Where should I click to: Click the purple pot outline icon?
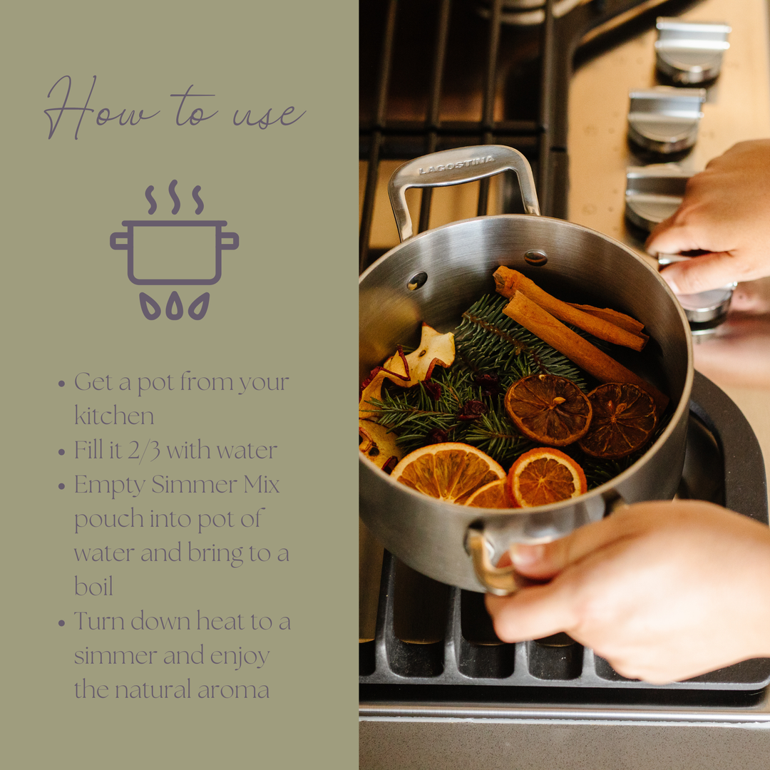coord(174,253)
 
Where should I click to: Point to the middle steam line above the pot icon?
coord(174,197)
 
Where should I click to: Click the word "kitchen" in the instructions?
coord(114,416)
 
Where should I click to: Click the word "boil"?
coord(93,587)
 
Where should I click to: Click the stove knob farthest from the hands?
coord(692,50)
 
